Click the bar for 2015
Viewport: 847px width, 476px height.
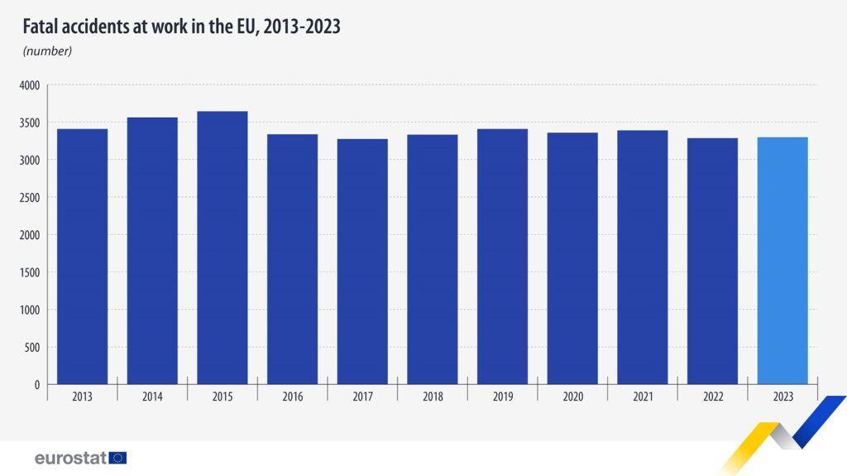click(x=222, y=248)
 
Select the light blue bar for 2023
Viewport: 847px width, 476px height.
click(x=782, y=261)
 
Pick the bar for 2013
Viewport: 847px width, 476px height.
click(x=82, y=257)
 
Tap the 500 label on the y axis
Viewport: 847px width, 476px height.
click(x=32, y=348)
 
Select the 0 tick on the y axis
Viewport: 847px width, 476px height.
click(x=37, y=385)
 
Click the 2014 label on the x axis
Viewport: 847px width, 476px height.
click(x=152, y=397)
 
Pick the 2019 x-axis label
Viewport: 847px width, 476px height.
click(x=502, y=397)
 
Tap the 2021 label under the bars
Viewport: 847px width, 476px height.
click(x=643, y=397)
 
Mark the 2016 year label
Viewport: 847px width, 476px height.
click(x=292, y=397)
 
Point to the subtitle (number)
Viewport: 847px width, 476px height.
click(x=47, y=51)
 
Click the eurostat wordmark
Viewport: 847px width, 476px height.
click(x=70, y=458)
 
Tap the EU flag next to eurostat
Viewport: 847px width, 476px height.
click(x=117, y=458)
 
